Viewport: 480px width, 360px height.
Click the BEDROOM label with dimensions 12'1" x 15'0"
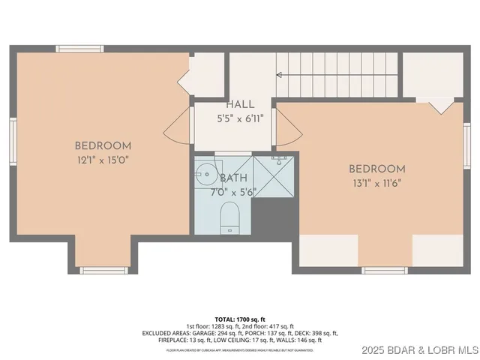(x=103, y=145)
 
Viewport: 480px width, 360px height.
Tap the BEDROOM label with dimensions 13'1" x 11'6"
(x=377, y=169)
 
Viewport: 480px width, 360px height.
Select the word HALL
(x=240, y=105)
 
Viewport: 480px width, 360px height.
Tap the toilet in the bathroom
(x=229, y=218)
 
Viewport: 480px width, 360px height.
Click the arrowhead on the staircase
(x=280, y=74)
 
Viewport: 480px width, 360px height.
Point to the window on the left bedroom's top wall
(x=79, y=49)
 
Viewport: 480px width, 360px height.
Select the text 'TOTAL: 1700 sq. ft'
(x=239, y=319)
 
